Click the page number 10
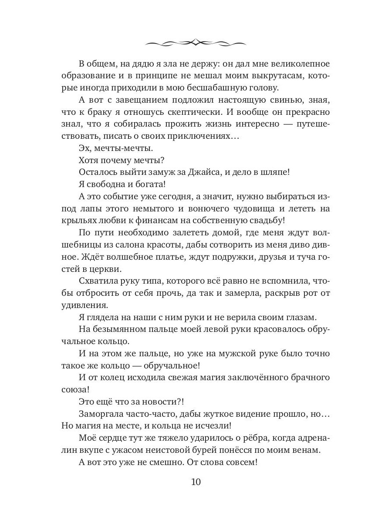pos(196,482)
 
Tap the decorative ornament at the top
pos(196,43)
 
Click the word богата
pos(148,184)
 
